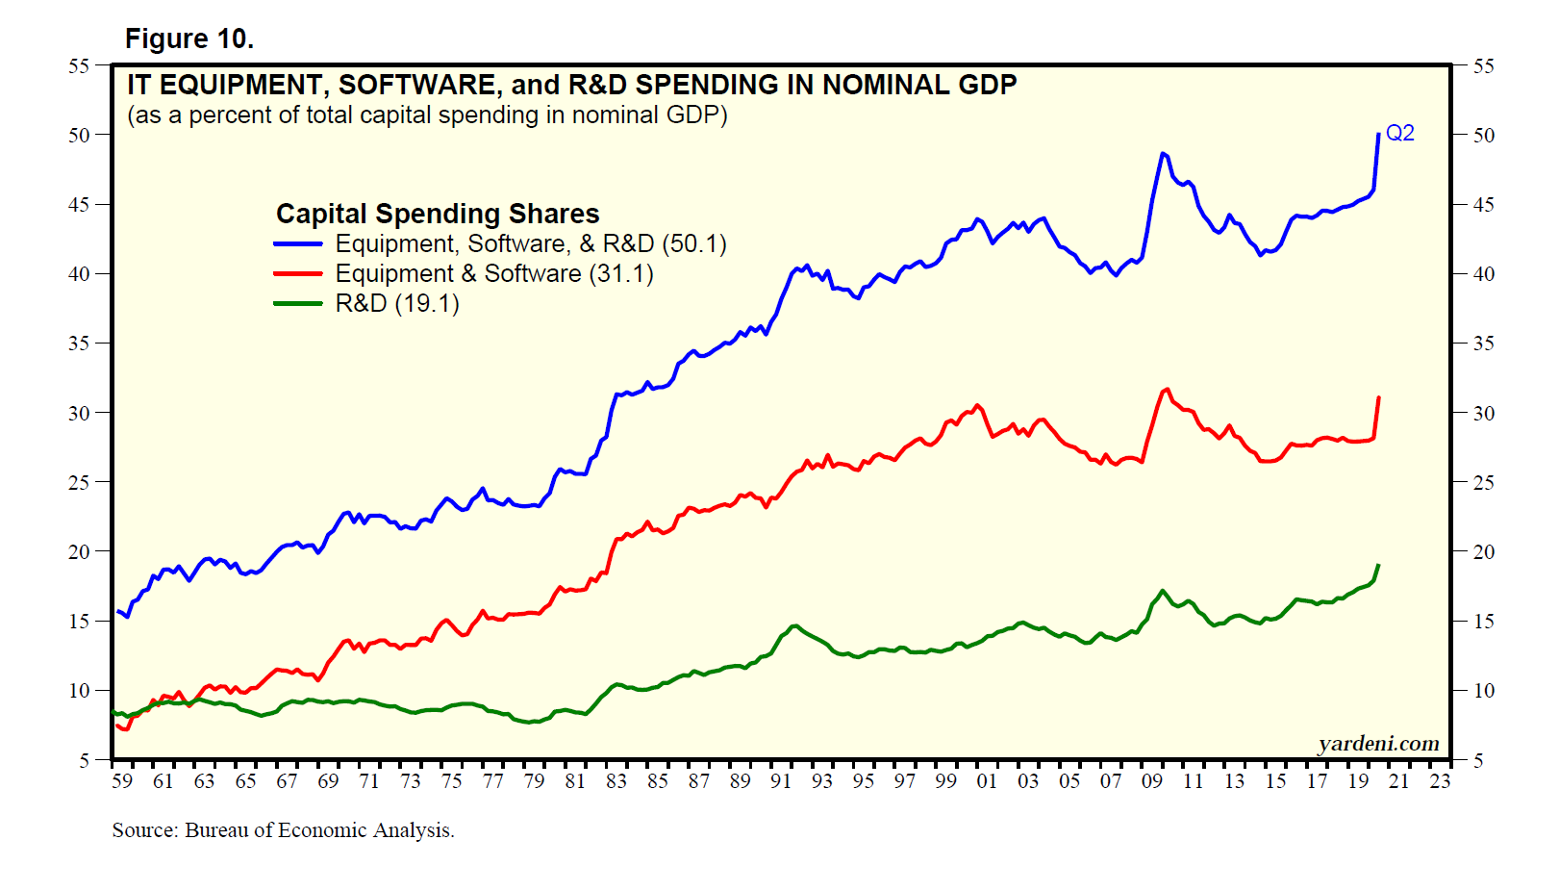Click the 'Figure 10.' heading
point(189,38)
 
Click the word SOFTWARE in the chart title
point(417,85)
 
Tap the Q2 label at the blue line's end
point(1399,133)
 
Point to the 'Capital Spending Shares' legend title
point(438,214)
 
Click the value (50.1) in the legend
point(694,244)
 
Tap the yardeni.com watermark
point(1378,743)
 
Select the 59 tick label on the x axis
point(122,781)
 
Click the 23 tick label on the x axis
point(1440,781)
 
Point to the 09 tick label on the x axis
point(1152,781)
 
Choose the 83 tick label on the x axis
point(616,781)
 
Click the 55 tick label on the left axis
point(79,66)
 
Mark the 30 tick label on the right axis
point(1484,413)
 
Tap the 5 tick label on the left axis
point(84,760)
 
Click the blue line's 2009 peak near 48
point(1163,153)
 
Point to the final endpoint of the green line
point(1378,565)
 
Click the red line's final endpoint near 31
point(1378,397)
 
